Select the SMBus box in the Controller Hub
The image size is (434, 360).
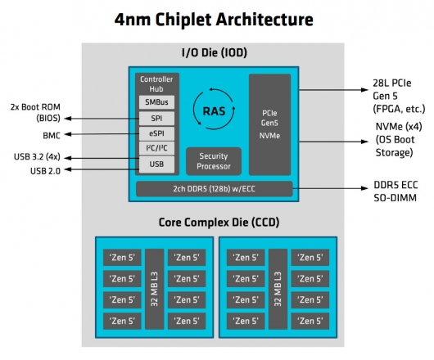pos(156,102)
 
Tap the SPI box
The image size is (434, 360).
pos(156,118)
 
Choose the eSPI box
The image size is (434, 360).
pos(156,133)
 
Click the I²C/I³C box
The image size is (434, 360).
pos(156,149)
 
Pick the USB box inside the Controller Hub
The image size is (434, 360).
pos(156,164)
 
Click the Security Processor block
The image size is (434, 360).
pos(214,160)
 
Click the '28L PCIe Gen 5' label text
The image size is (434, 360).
pos(392,90)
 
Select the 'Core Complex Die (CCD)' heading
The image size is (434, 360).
pos(216,223)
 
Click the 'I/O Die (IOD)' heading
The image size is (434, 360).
pos(216,54)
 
